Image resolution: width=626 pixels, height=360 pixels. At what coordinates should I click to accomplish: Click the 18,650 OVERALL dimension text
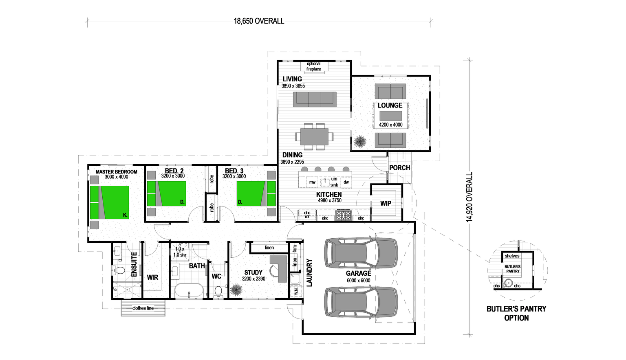259,21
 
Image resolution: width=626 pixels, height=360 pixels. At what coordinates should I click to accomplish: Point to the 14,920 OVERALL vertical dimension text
469,197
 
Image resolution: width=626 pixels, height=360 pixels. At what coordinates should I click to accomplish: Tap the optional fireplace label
313,66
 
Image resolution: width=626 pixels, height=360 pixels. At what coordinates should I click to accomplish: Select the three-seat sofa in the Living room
315,99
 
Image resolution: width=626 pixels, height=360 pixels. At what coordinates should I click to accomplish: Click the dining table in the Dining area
314,136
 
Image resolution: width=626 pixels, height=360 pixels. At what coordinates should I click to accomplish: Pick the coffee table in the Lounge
390,116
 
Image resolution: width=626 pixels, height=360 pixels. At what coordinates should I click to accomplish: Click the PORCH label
399,168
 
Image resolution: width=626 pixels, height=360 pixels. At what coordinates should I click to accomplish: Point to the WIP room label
386,203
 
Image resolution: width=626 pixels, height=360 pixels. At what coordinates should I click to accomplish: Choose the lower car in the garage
361,302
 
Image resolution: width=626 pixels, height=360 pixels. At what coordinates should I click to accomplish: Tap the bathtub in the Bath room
189,291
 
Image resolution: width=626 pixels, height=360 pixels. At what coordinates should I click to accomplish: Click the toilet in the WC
218,291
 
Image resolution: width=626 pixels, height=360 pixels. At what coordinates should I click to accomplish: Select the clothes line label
143,308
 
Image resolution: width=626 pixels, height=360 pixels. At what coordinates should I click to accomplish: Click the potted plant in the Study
236,290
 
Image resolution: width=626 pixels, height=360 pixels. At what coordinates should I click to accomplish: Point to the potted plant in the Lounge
360,142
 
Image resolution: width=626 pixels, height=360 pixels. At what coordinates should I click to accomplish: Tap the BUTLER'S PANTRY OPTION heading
516,313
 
